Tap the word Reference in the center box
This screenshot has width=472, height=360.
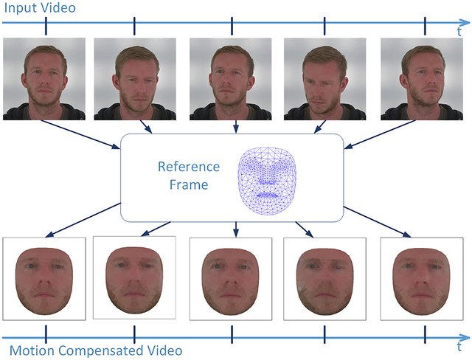point(189,167)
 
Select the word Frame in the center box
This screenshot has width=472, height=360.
point(189,184)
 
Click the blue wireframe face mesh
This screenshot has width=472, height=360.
point(267,181)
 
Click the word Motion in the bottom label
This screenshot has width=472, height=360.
point(32,350)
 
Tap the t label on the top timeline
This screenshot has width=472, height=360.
point(459,31)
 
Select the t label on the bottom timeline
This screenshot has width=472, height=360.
point(459,347)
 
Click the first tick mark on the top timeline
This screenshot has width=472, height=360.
point(46,26)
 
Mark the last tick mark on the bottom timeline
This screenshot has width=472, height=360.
point(425,334)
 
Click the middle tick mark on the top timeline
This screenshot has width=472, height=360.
point(232,26)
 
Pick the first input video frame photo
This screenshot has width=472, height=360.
point(44,79)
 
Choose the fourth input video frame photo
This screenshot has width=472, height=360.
point(324,79)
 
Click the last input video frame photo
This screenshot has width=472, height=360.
point(422,79)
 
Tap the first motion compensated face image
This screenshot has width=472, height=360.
point(44,279)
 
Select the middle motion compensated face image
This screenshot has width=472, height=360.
point(231,279)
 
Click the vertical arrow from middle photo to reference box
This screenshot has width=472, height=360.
point(236,127)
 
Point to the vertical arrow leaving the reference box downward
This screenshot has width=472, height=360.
point(236,229)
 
